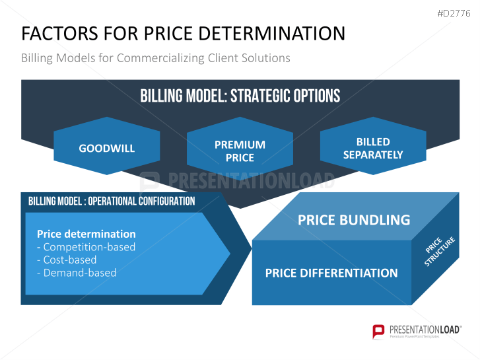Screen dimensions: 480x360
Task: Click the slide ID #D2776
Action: [454, 13]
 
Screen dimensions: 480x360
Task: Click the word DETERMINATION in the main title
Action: [272, 34]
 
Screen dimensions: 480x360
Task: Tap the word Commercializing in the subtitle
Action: [160, 58]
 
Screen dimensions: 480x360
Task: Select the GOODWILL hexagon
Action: [107, 146]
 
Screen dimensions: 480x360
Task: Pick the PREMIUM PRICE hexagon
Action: [240, 146]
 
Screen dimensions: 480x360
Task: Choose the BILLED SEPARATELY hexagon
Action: [373, 146]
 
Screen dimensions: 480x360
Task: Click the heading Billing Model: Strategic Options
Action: [240, 96]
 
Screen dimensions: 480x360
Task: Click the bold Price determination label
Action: [86, 234]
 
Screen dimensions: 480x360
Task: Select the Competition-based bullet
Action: [86, 247]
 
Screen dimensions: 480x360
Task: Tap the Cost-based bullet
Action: [67, 260]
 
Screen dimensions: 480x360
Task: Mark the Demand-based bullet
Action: [77, 273]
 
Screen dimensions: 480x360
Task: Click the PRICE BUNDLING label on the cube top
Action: [354, 220]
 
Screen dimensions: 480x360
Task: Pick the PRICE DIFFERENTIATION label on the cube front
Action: [331, 273]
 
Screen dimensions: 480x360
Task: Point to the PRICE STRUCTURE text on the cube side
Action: [438, 250]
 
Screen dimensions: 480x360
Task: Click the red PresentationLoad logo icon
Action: [378, 332]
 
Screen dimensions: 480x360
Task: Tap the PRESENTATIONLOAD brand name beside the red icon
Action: [425, 330]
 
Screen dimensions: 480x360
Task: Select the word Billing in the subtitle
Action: [37, 58]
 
